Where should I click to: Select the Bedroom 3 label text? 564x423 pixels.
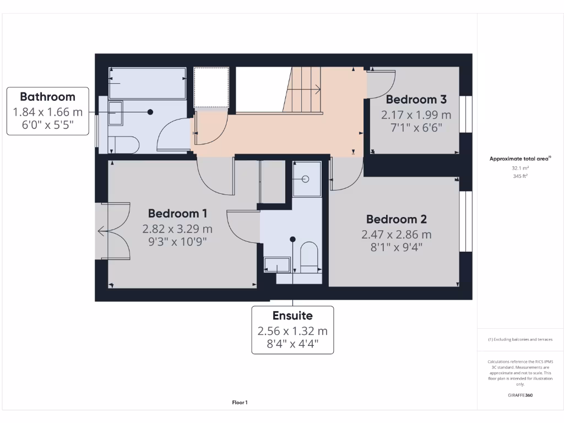click(416, 100)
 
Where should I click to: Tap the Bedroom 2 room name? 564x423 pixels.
click(396, 219)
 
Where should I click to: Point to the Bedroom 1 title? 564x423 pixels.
click(177, 213)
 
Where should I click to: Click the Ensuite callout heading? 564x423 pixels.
click(292, 316)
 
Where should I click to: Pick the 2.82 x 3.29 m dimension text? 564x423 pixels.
click(177, 229)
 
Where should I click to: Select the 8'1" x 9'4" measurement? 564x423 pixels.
click(396, 247)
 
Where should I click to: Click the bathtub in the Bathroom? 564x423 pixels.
click(147, 83)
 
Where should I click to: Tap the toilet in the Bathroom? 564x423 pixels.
click(124, 144)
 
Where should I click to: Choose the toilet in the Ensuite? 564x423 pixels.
click(310, 258)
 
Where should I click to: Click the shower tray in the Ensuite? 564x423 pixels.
click(306, 179)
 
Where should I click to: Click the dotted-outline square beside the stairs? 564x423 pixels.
click(211, 87)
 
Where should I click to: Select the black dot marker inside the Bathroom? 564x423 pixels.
click(150, 112)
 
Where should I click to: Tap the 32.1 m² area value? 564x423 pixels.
click(520, 168)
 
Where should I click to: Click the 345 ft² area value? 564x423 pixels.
click(520, 176)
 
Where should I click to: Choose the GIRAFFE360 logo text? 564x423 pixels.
click(520, 395)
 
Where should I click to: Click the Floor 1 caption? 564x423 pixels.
click(240, 403)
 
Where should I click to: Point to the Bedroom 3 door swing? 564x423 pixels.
click(382, 83)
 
